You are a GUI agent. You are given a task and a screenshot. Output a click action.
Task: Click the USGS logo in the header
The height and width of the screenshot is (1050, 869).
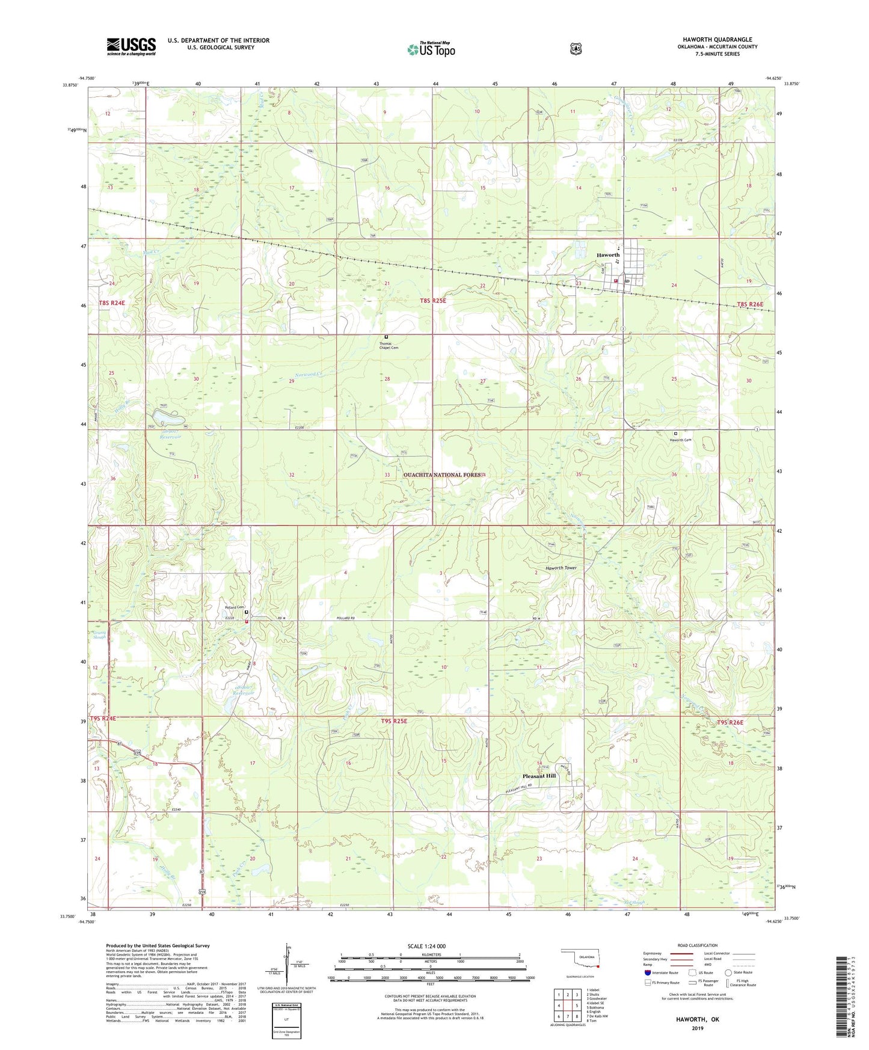pos(131,46)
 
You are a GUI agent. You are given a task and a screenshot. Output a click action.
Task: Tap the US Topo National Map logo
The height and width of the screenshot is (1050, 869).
pos(431,49)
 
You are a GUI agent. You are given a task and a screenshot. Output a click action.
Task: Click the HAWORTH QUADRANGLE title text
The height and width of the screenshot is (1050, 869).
pos(717,40)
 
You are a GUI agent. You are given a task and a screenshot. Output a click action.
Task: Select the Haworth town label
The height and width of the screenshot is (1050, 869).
pos(607,255)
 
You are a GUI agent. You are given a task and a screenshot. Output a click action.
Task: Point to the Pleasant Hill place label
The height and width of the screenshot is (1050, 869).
pos(538,776)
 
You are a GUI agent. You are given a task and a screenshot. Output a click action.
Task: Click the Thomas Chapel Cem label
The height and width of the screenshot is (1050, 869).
pos(388,346)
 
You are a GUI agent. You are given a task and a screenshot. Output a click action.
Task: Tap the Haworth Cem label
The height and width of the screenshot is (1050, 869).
pos(681,440)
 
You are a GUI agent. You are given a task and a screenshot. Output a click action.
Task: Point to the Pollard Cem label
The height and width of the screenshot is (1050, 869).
pos(234,607)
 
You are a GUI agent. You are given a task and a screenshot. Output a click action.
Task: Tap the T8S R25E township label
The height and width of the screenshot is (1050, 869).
pos(432,300)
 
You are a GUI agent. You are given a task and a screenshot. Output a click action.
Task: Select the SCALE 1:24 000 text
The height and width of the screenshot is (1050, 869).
pos(426,946)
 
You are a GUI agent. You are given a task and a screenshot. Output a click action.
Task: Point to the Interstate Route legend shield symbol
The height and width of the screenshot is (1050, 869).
pos(647,972)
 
